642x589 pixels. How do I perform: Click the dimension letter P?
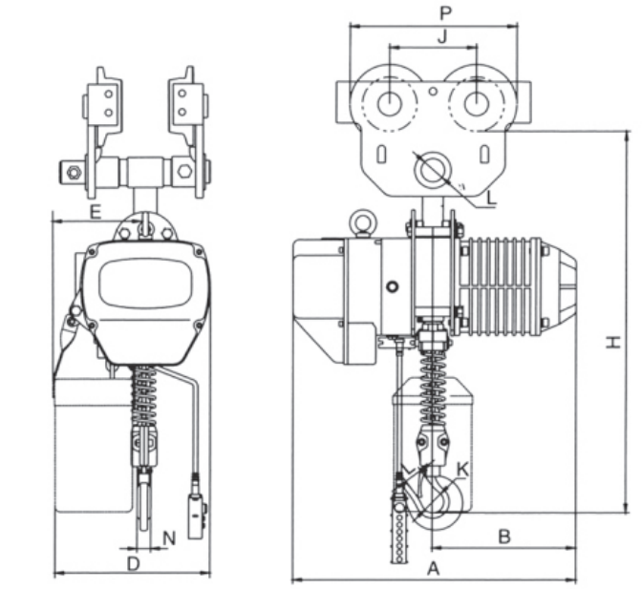(444, 13)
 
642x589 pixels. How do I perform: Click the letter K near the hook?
(462, 469)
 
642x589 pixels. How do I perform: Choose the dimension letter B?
(503, 536)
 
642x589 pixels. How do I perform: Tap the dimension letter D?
(134, 564)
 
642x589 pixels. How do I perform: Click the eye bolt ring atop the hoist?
(362, 222)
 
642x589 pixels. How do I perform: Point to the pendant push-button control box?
(197, 516)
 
